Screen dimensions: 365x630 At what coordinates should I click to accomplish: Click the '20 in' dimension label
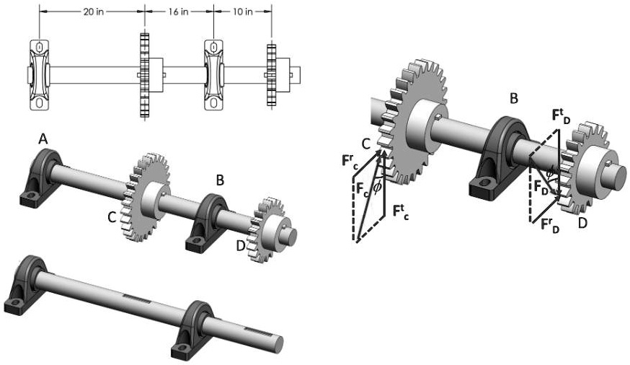92,12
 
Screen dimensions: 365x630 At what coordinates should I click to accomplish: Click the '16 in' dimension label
179,12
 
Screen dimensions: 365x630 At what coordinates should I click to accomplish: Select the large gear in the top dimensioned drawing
143,75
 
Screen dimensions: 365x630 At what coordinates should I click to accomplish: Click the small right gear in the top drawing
272,75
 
